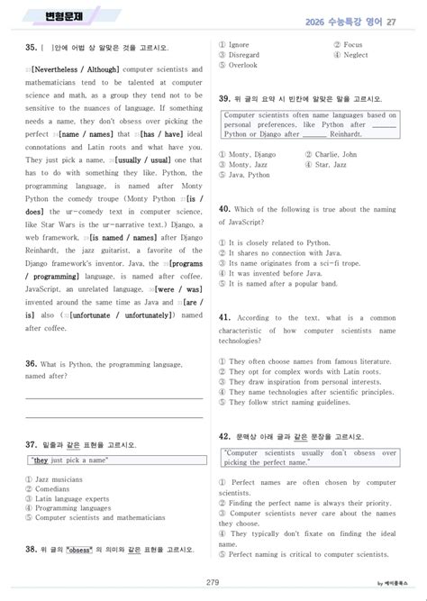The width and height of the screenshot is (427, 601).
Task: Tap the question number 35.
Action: coord(32,47)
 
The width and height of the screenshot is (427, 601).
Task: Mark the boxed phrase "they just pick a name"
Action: coord(70,460)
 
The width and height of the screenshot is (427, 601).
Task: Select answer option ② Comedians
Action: coord(51,489)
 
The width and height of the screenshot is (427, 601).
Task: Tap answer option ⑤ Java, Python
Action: coord(251,175)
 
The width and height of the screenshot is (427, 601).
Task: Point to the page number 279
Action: coord(213,582)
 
